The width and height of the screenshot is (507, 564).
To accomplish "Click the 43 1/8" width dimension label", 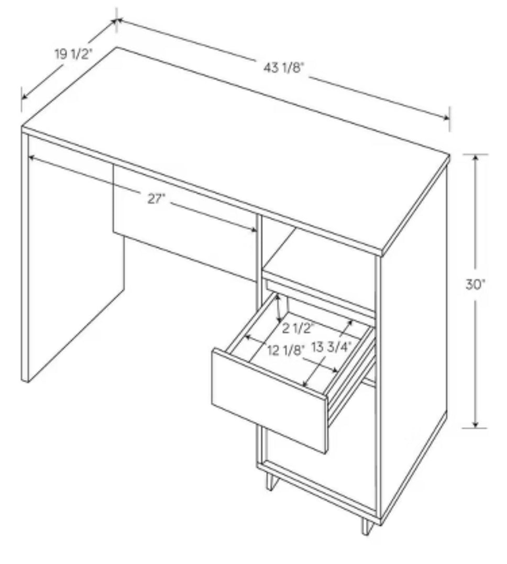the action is (284, 68).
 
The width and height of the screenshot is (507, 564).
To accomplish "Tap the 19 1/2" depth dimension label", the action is (73, 54).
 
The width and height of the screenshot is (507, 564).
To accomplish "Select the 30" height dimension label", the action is (476, 284).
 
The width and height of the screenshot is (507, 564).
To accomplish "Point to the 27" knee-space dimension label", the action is (156, 198).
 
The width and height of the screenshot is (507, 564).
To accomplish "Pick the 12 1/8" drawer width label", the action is (286, 350).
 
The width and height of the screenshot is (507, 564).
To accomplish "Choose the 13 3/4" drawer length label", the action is (331, 348).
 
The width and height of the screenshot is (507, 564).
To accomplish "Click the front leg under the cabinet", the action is (271, 482).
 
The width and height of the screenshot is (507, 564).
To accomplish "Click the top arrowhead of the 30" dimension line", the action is (476, 158).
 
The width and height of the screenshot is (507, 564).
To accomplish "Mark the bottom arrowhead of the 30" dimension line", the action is (476, 424).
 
